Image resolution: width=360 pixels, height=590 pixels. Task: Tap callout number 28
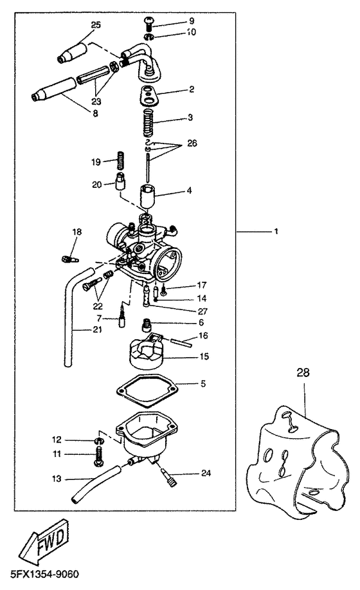pyautogui.click(x=303, y=373)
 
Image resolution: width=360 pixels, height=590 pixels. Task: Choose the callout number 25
pyautogui.click(x=96, y=24)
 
